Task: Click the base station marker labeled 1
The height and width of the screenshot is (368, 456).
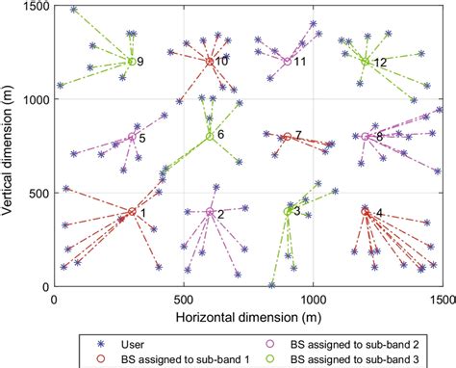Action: [132, 212]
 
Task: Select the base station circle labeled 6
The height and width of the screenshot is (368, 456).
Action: [210, 137]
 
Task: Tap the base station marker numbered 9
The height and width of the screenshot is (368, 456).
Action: [132, 62]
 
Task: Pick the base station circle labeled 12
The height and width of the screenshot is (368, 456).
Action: [366, 62]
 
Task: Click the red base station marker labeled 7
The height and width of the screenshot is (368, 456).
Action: [288, 137]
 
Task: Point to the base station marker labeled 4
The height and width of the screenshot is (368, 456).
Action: [366, 212]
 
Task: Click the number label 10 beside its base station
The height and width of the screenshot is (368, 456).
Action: [221, 62]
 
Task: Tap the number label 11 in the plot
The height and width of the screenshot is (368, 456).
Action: [300, 62]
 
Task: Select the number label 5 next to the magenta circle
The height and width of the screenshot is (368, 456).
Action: [142, 139]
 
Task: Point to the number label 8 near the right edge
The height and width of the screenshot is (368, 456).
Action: [379, 137]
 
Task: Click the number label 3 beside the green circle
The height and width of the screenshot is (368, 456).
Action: [297, 211]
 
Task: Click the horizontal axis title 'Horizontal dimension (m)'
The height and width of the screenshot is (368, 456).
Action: [248, 314]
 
